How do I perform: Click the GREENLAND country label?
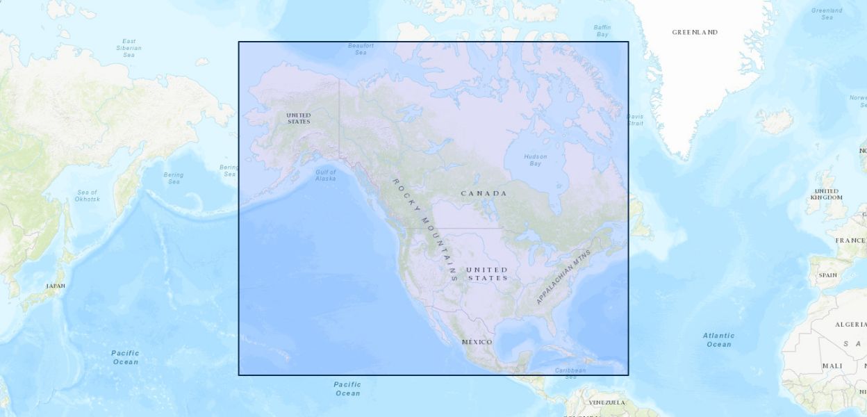pos(695,32)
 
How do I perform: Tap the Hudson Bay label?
pos(536,160)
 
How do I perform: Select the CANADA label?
pos(484,193)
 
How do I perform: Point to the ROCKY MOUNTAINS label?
pos(425,229)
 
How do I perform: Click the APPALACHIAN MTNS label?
pos(563,277)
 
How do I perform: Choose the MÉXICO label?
pos(477,342)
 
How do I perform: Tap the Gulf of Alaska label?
pos(325,175)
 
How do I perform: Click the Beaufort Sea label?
pos(361,49)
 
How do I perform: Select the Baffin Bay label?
pos(602,31)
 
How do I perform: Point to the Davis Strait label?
pos(634,120)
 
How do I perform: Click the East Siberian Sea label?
pos(129,48)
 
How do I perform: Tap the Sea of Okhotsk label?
pos(88,195)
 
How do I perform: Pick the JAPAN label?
pos(56,286)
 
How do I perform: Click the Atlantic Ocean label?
pos(718,340)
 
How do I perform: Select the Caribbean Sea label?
pos(570,373)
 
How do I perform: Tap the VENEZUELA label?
pos(607,402)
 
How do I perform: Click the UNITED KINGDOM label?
pos(827,194)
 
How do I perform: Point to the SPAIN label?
pos(827,275)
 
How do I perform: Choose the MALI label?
pos(832,366)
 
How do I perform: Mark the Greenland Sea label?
pos(827,13)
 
